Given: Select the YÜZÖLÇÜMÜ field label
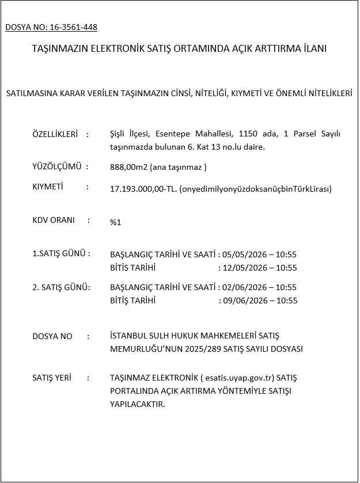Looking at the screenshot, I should [56, 166].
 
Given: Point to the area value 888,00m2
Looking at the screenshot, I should [128, 167].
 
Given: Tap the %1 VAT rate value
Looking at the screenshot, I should [115, 222].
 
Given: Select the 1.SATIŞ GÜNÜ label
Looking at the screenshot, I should [60, 253].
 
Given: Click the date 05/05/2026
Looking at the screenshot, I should [242, 254].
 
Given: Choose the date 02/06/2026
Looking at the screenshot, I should [242, 287].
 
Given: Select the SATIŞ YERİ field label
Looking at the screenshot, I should [52, 378].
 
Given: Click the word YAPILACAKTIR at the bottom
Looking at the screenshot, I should [137, 405].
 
